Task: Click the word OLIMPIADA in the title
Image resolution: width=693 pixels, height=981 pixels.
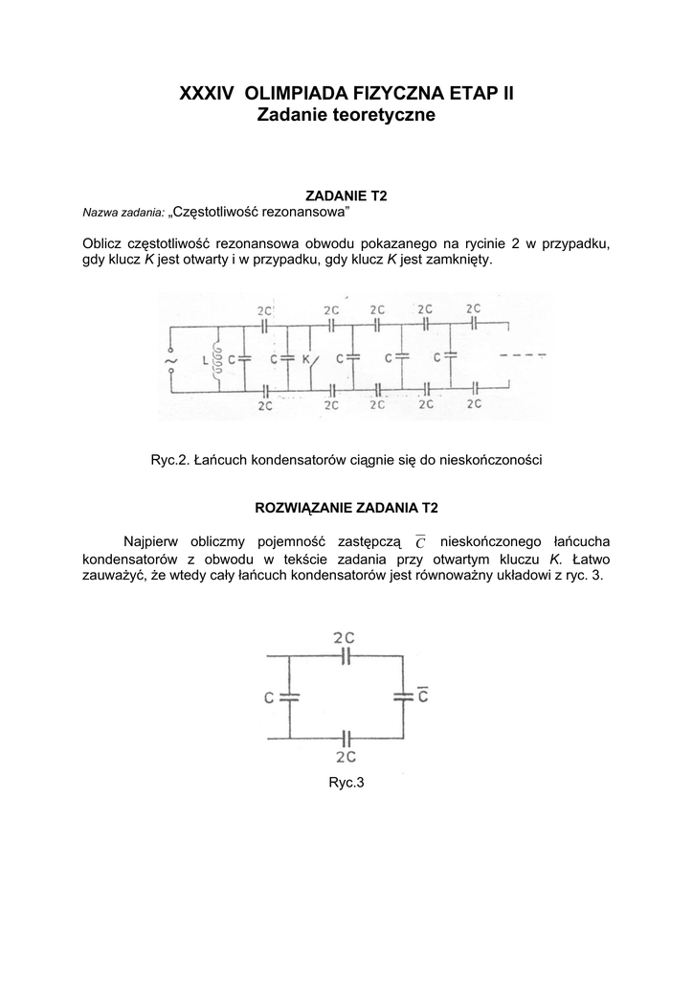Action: pyautogui.click(x=298, y=93)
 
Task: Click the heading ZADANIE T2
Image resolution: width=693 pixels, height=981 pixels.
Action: pyautogui.click(x=346, y=195)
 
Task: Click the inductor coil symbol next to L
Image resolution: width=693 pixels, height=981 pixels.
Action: pyautogui.click(x=219, y=360)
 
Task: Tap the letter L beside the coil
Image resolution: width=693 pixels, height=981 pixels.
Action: pyautogui.click(x=205, y=360)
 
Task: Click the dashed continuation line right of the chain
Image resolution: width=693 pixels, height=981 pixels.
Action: pyautogui.click(x=524, y=356)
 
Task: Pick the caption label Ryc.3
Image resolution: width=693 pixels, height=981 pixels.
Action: pyautogui.click(x=346, y=783)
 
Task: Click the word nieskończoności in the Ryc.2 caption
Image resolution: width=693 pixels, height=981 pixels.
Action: pyautogui.click(x=488, y=460)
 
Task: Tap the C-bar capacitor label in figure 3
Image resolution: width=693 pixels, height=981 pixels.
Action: pyautogui.click(x=422, y=696)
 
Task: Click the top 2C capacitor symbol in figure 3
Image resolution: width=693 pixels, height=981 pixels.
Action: pyautogui.click(x=346, y=656)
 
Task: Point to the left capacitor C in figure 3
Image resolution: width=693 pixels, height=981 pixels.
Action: pyautogui.click(x=288, y=697)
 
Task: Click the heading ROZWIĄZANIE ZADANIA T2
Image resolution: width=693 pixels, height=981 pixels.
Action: pyautogui.click(x=346, y=506)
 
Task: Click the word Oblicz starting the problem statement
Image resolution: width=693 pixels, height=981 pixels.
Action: pyautogui.click(x=104, y=243)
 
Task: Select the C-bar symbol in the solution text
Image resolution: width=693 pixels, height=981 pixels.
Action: pyautogui.click(x=422, y=542)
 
